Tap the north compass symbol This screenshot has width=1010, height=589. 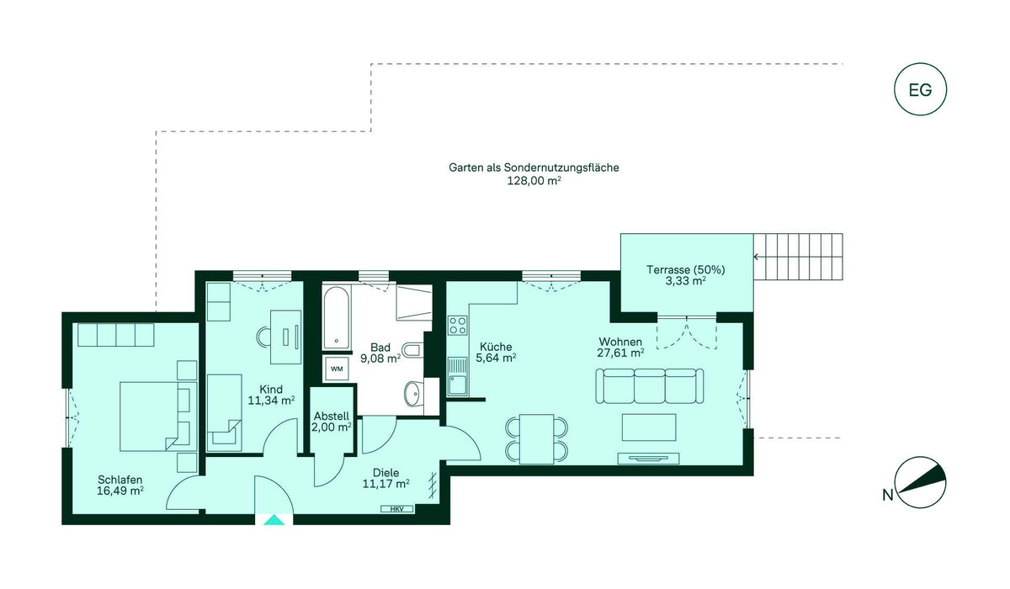[x=920, y=483]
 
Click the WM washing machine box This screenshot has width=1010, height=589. [x=337, y=369]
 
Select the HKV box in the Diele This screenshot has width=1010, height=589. [x=396, y=509]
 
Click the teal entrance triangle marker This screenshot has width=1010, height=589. [x=274, y=520]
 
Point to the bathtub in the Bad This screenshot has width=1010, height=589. [x=337, y=318]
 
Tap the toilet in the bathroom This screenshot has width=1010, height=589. [x=412, y=350]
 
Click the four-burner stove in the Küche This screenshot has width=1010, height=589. [x=458, y=326]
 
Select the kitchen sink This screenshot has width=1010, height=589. [x=458, y=377]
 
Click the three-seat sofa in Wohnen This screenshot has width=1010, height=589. [x=649, y=385]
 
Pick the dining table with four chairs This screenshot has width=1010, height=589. [x=537, y=439]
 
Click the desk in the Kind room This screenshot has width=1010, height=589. [x=285, y=337]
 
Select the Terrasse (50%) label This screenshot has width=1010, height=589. [x=685, y=269]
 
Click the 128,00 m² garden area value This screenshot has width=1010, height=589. [x=534, y=181]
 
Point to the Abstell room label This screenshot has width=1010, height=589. [x=332, y=416]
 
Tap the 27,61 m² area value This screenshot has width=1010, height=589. [x=620, y=353]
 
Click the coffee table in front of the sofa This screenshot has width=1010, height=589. [x=649, y=427]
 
